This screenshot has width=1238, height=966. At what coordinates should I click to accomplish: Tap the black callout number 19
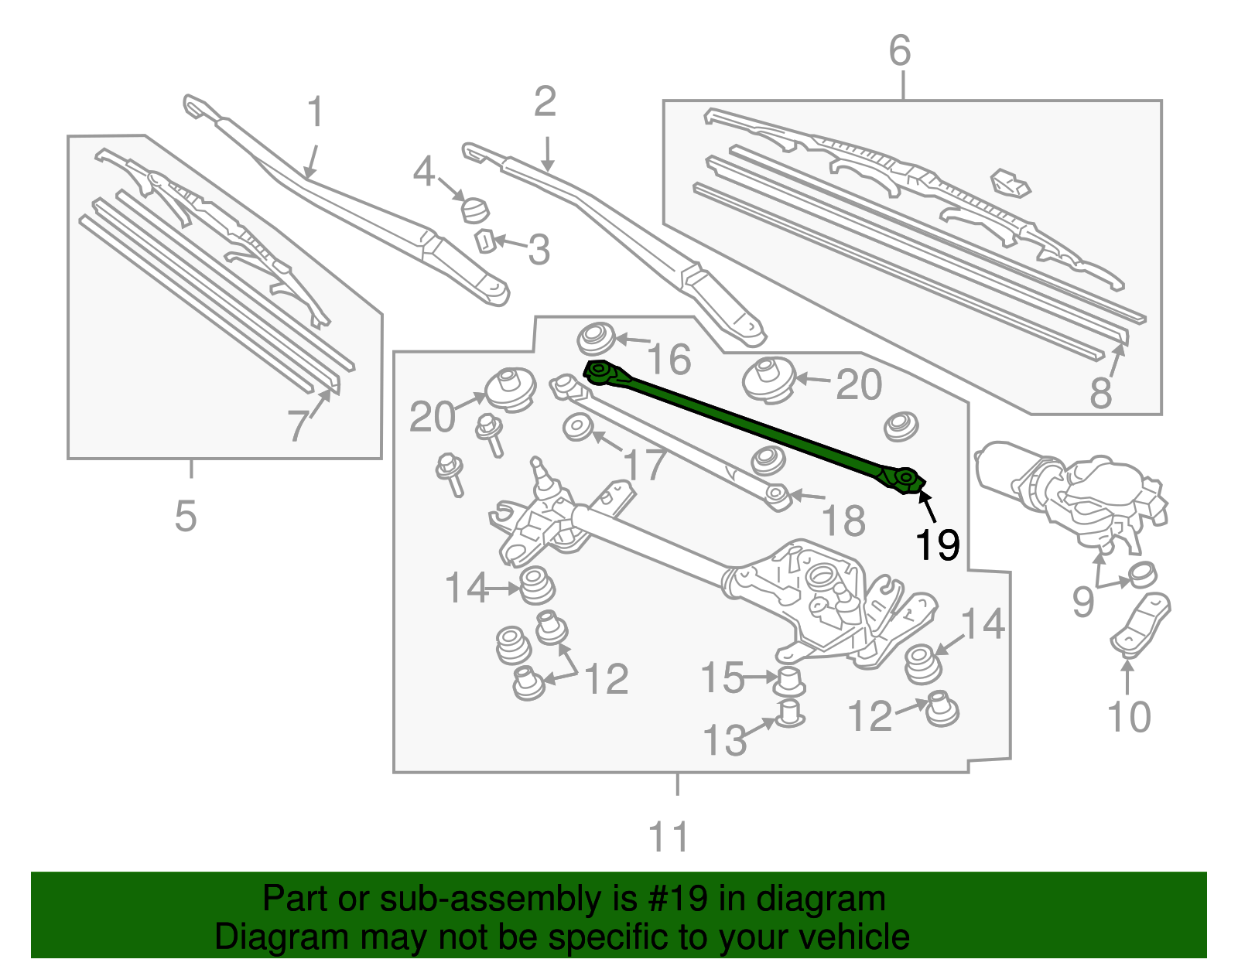coord(937,545)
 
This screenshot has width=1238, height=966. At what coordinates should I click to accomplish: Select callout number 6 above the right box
coord(899,51)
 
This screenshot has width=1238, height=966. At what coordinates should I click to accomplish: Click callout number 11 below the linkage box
coord(669,837)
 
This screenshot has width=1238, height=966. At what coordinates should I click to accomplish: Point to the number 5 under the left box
coord(186,516)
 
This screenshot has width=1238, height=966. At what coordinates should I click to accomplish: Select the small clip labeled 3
coord(484,241)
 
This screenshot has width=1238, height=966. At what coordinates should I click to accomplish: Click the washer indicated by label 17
coord(577,428)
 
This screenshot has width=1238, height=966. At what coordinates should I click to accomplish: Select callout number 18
coord(843,521)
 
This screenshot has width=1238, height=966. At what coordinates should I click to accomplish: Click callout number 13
coord(725,741)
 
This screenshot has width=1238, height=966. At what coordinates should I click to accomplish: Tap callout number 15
coord(722,678)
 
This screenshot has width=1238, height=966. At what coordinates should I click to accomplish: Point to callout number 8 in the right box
coord(1100,393)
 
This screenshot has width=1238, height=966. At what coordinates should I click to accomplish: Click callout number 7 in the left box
coord(298,425)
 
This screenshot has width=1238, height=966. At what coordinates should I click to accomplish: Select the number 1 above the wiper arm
coord(315,113)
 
